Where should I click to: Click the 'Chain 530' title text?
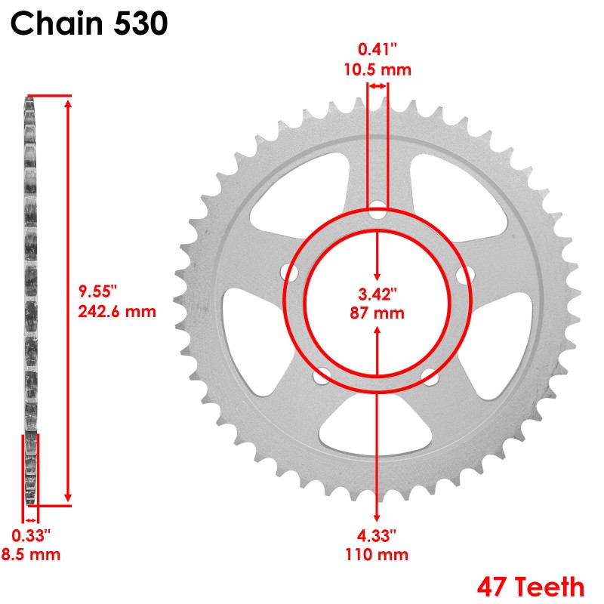[89, 23]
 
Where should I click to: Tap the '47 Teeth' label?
[531, 587]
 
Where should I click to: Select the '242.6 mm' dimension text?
[117, 311]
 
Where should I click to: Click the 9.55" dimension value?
[97, 291]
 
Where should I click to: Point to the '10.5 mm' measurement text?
[377, 69]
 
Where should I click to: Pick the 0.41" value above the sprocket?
[377, 49]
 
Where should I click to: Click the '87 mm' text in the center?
[377, 313]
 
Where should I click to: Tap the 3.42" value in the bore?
[377, 294]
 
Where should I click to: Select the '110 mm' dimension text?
[377, 555]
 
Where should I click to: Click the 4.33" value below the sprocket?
[376, 535]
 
